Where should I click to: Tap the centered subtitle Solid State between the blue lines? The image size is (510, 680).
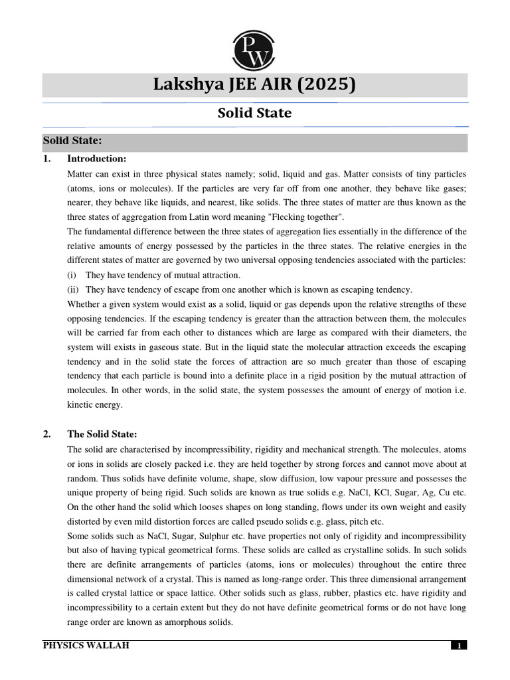click(x=255, y=113)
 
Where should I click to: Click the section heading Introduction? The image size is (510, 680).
click(x=96, y=159)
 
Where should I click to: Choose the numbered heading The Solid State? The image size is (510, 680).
click(x=102, y=434)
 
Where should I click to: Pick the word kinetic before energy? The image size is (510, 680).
click(x=82, y=404)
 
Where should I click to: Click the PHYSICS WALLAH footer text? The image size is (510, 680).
click(x=86, y=645)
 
